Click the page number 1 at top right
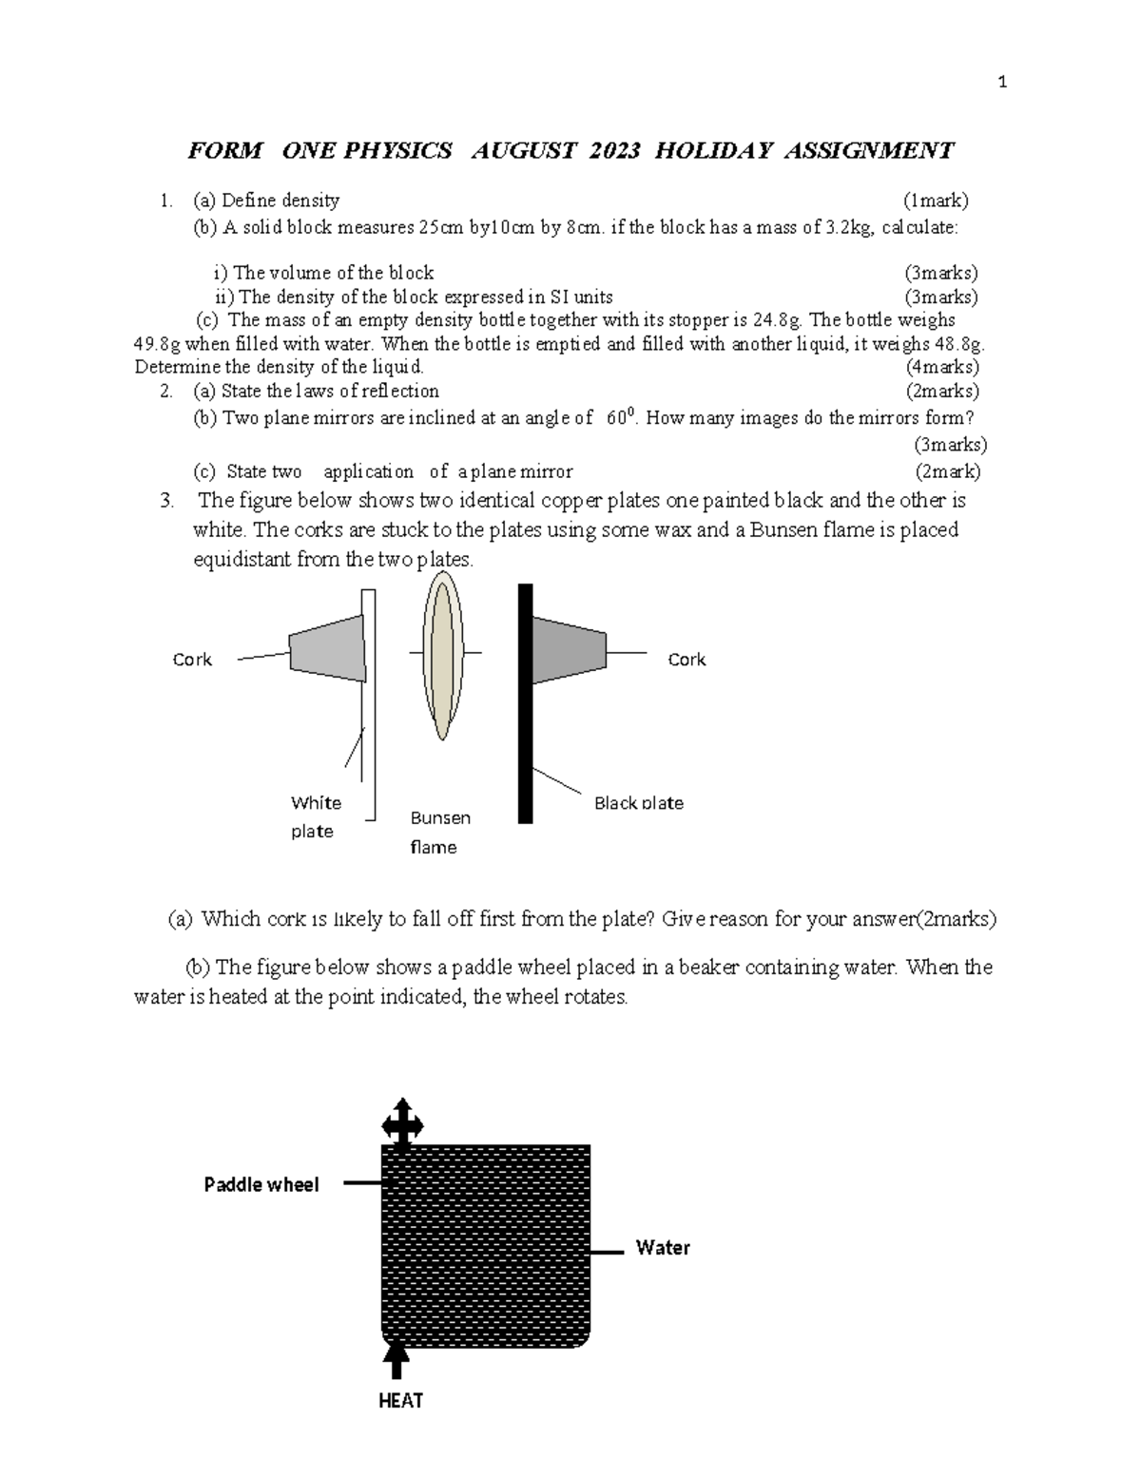pos(1001,83)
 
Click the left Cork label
pos(192,660)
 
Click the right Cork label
pos(687,660)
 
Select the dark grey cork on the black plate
pos(568,649)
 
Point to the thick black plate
pos(525,703)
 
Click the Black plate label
pos(638,803)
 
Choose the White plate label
pos(315,816)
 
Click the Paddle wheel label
pos(261,1184)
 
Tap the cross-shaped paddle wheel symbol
pos(402,1124)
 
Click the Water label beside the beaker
pos(663,1248)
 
